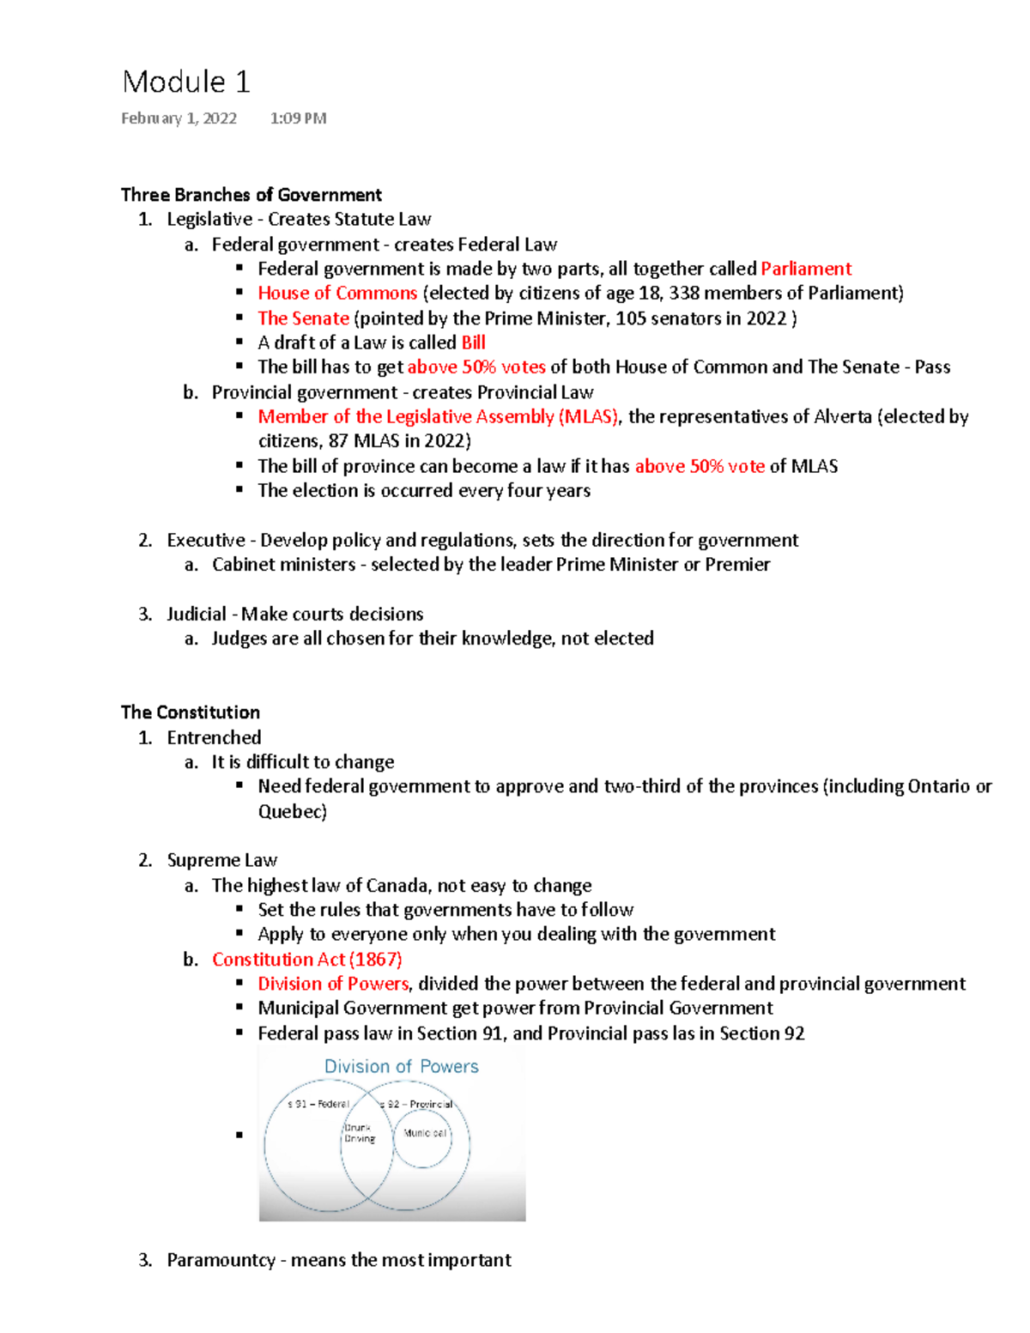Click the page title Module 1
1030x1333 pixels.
186,82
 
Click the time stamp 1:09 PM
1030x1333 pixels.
298,118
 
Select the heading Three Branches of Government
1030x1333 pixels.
251,195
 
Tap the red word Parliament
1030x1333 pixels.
806,269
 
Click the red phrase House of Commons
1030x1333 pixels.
337,294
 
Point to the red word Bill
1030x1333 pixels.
474,342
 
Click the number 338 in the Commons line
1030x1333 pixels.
684,294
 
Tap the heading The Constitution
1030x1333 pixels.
191,712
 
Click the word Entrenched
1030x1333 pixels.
214,737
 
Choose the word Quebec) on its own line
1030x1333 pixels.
293,811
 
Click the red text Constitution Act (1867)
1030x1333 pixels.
307,960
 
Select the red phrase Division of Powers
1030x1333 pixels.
333,984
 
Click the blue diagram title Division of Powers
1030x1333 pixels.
401,1067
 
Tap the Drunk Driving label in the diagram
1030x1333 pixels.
359,1133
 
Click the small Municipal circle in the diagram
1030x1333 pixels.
423,1135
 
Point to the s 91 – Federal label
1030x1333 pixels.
318,1104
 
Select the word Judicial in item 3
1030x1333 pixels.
197,615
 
